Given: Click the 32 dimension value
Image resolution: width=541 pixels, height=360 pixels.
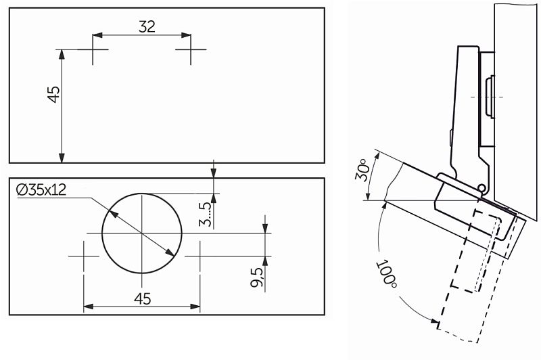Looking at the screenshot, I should coord(146,26).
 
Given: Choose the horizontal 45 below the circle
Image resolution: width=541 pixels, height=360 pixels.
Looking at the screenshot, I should coord(141,298).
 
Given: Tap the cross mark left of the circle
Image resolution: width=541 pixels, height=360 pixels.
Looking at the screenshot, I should coord(84,256).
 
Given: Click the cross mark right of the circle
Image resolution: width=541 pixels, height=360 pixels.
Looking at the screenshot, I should coord(199,256).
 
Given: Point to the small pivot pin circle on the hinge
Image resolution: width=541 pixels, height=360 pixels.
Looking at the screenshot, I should coord(481,187).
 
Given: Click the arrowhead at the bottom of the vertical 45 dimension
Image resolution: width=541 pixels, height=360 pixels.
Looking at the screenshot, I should coord(62,158).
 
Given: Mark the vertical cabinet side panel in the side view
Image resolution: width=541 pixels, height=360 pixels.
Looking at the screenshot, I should coord(517,102).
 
